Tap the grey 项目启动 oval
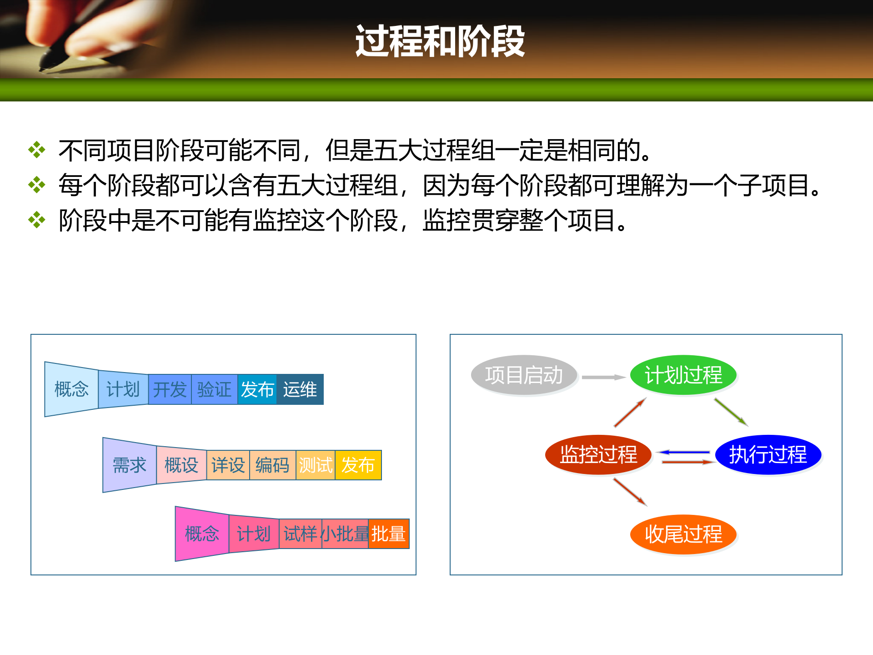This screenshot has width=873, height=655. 524,375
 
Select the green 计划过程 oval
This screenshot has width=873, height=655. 683,375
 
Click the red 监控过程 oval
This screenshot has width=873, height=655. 598,454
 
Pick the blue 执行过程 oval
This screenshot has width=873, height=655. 768,454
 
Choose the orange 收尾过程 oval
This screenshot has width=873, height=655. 683,534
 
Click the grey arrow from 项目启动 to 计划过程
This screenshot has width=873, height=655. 603,377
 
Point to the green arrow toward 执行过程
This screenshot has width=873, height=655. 730,412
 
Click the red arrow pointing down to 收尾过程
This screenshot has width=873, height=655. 630,492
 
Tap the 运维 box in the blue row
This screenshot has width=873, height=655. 300,389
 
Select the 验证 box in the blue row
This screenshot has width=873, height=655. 214,389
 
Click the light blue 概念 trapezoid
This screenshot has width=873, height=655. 71,389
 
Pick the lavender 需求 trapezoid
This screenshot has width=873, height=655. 130,465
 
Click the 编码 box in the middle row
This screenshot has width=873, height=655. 272,465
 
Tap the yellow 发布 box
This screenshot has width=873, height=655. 358,465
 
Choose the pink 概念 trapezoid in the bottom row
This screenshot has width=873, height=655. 202,534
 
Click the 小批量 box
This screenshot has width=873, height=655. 345,534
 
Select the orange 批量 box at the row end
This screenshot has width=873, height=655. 388,534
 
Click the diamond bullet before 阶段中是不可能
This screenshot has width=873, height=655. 37,220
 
